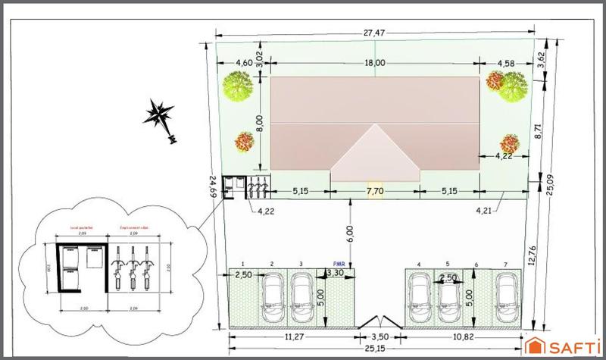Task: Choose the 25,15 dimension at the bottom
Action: (x=372, y=350)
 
